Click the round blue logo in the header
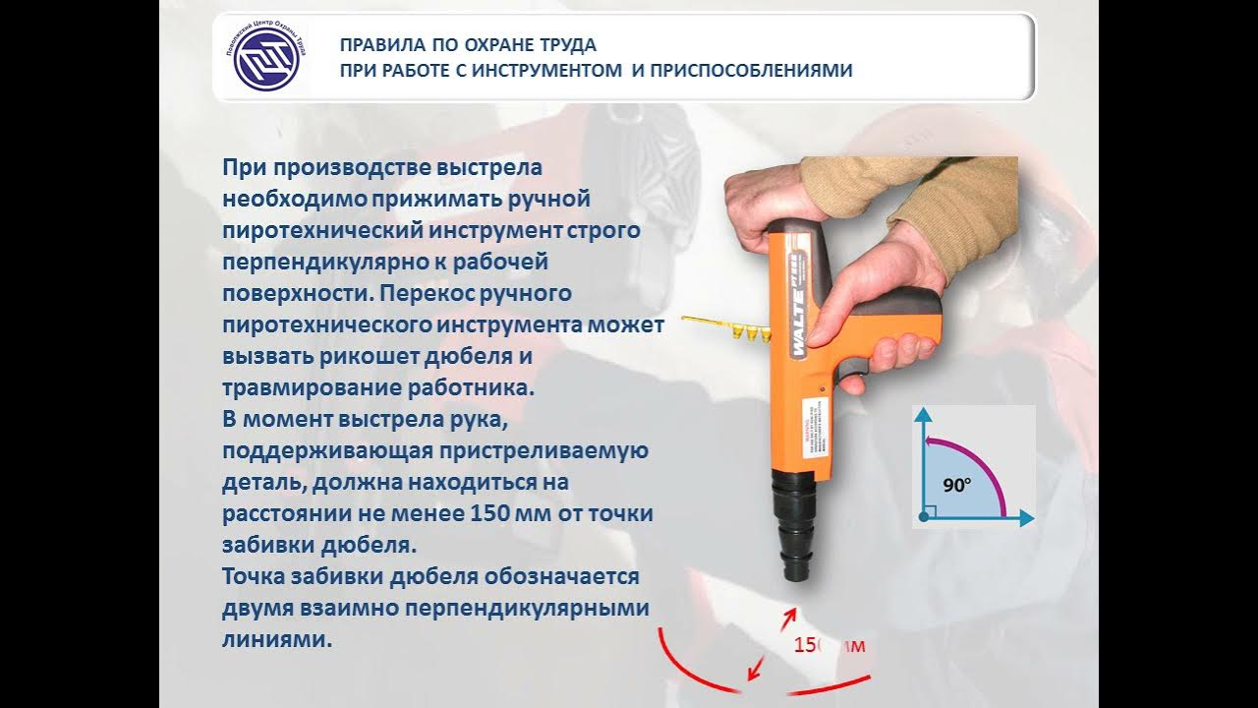click(260, 57)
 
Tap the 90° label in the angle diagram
click(956, 485)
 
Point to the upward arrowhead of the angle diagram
click(922, 416)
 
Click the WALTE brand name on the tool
click(798, 317)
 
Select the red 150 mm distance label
click(829, 645)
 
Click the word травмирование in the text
click(307, 387)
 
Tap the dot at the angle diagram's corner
click(922, 516)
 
